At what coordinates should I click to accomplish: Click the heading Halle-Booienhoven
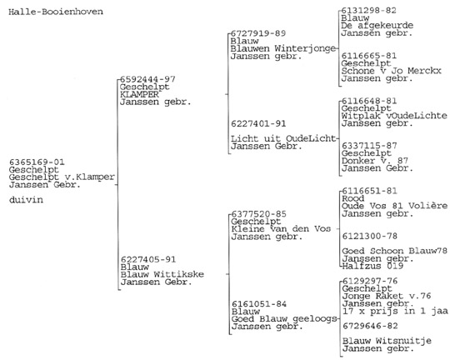click(x=56, y=12)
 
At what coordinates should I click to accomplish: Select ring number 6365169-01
click(x=37, y=162)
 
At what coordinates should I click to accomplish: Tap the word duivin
click(x=26, y=199)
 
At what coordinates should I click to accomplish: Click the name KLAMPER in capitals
click(x=139, y=94)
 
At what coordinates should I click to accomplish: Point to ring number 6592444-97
click(x=147, y=79)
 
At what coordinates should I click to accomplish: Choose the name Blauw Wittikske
click(x=162, y=274)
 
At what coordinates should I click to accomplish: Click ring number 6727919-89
click(x=258, y=33)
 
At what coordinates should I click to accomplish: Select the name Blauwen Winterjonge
click(x=283, y=48)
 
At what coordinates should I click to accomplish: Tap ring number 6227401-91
click(x=258, y=123)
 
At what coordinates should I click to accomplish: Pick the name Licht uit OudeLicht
click(x=283, y=138)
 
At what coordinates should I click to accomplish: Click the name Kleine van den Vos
click(x=281, y=229)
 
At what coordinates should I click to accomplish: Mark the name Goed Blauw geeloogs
click(x=284, y=319)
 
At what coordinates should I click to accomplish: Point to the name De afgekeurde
click(x=377, y=26)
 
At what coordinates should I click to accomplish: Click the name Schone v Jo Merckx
click(x=391, y=71)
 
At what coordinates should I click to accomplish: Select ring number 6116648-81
click(x=369, y=101)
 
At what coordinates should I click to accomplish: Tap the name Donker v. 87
click(x=375, y=161)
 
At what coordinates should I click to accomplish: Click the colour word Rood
click(x=353, y=198)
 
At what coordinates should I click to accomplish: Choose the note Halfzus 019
click(x=372, y=266)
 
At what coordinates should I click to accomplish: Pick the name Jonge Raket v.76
click(x=387, y=296)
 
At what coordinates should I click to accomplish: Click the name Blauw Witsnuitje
click(x=387, y=341)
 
